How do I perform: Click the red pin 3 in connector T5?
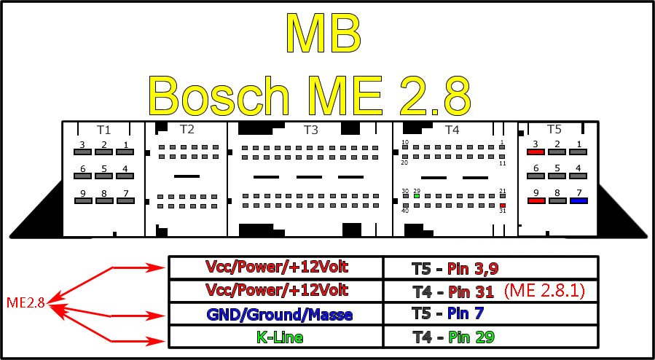point(536,153)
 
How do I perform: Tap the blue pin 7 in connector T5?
point(578,201)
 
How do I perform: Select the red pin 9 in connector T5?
point(536,201)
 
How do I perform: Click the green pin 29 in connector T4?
point(417,195)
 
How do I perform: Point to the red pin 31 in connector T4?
point(503,206)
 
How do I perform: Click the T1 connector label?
point(104,129)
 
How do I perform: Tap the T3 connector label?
point(311,130)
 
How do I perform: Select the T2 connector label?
point(187,129)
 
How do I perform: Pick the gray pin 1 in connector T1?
point(125,153)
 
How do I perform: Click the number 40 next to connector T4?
point(406,211)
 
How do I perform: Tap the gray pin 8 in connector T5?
point(557,201)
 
